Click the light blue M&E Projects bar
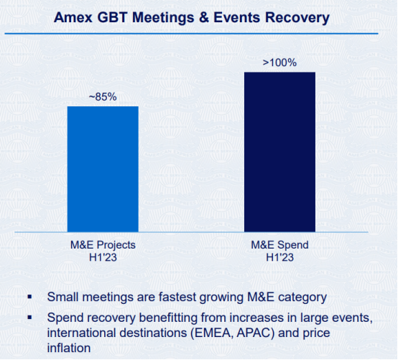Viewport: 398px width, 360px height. pos(103,169)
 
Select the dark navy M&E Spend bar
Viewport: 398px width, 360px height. pos(279,152)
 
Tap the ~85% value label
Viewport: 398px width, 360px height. pos(103,97)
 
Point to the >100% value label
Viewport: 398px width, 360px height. pos(279,63)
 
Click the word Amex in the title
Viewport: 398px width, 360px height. pos(73,18)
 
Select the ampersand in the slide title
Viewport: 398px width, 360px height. pos(204,18)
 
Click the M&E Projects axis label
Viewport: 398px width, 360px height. pos(103,245)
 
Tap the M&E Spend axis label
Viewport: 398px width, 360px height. pos(279,245)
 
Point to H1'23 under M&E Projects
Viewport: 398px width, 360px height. pos(103,257)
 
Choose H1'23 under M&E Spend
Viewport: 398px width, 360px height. pos(279,257)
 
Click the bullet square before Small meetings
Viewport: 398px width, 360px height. pos(29,297)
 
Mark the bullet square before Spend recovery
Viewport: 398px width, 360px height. pos(29,317)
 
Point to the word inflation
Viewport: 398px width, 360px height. pos(69,348)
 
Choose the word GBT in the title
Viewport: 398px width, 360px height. pos(113,18)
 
